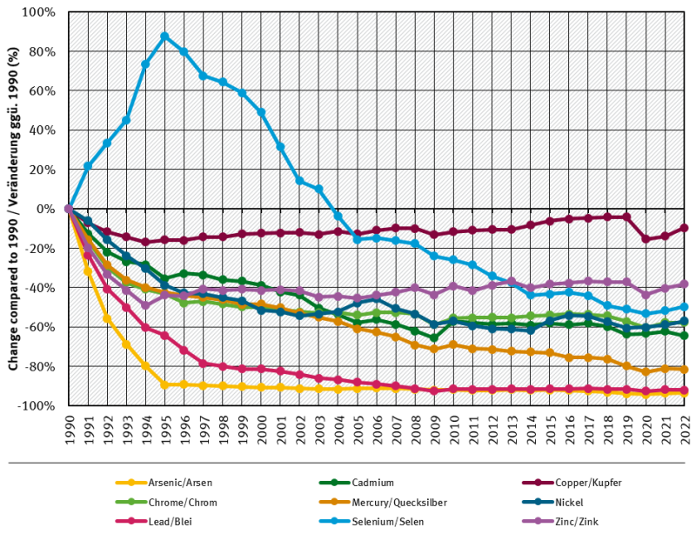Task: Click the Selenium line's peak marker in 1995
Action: pyautogui.click(x=164, y=37)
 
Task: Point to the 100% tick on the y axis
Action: pyautogui.click(x=40, y=12)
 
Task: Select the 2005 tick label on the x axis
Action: pyautogui.click(x=357, y=430)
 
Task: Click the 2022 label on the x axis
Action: pyautogui.click(x=684, y=430)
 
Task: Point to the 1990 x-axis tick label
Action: pyautogui.click(x=68, y=430)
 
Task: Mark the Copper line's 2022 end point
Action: pyautogui.click(x=684, y=228)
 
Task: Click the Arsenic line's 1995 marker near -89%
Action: pyautogui.click(x=164, y=384)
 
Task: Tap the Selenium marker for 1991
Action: pyautogui.click(x=87, y=165)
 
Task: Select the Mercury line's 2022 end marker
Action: pyautogui.click(x=684, y=370)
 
